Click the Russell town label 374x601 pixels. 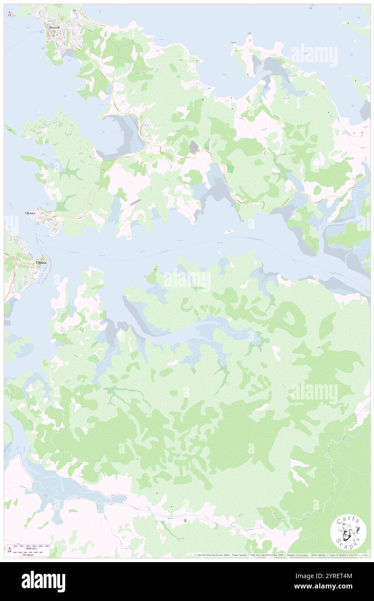(54, 27)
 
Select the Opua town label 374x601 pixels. (41, 262)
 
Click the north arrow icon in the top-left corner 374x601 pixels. (10, 14)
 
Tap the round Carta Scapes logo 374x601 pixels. (348, 533)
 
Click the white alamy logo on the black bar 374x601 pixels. (43, 581)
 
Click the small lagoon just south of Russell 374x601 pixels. (68, 54)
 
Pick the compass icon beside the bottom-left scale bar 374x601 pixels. (10, 550)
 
